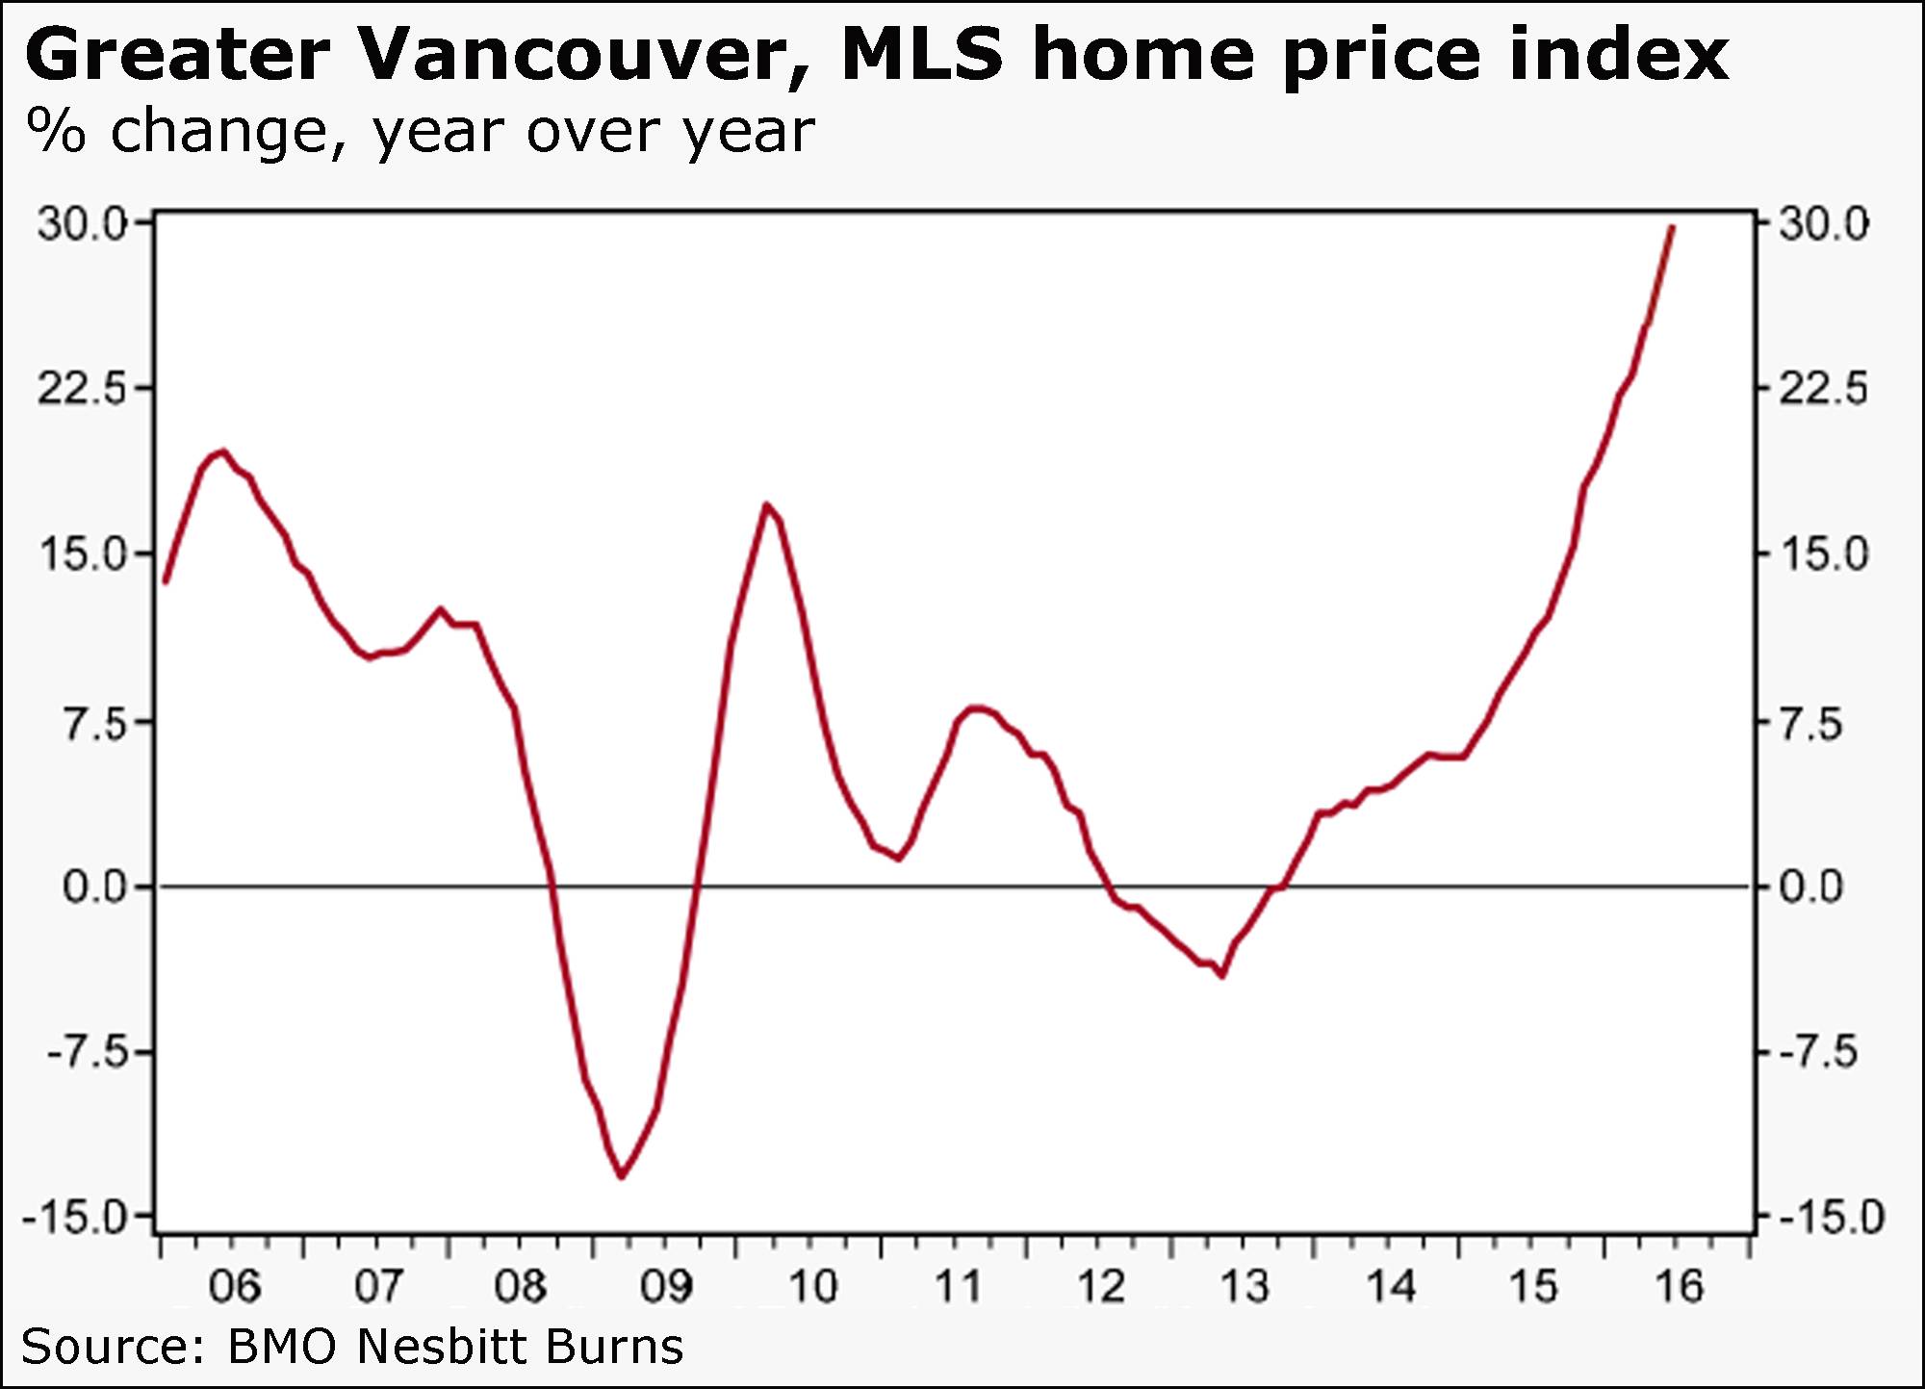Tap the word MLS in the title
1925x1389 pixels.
[922, 56]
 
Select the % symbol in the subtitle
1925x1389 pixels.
[57, 132]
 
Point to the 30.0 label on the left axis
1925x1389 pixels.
[82, 224]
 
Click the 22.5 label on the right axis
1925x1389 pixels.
[1823, 390]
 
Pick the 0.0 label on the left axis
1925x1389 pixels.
[95, 887]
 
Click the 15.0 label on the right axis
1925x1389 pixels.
[1823, 555]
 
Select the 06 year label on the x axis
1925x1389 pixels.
[234, 1287]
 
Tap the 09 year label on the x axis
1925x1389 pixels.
[666, 1287]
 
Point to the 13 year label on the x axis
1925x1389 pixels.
[1245, 1287]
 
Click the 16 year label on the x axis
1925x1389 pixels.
[1679, 1287]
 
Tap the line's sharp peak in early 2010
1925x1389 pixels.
[766, 504]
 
